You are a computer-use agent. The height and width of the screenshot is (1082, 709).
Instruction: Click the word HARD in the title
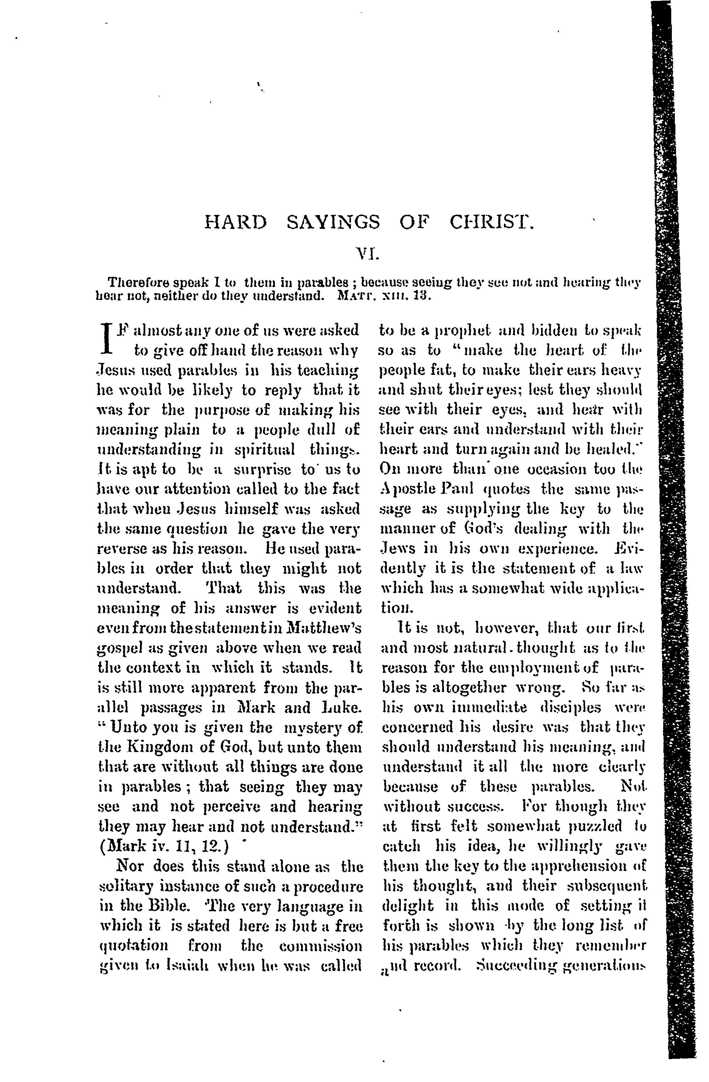[x=235, y=223]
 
